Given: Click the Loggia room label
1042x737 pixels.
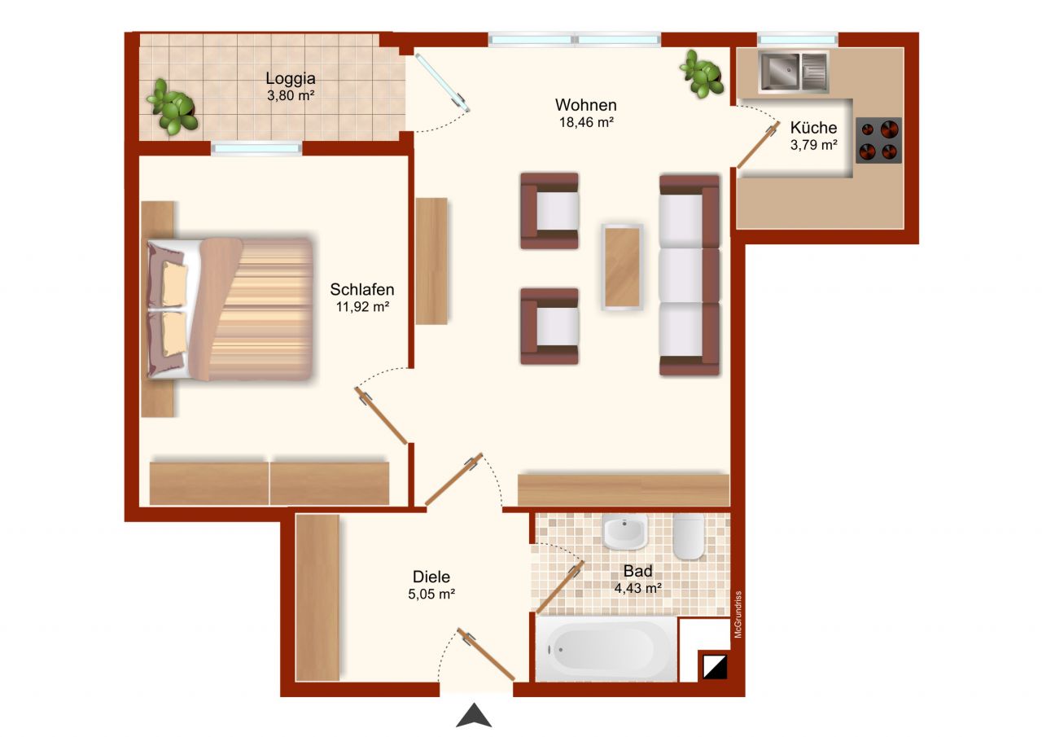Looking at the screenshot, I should [x=290, y=79].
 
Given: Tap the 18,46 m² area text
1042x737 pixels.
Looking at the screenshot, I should [x=585, y=122].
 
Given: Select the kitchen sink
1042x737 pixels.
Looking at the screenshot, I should [x=793, y=72].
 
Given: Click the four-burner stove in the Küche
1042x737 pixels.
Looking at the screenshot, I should [x=879, y=141].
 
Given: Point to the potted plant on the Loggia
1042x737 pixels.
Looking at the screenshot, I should [x=173, y=107].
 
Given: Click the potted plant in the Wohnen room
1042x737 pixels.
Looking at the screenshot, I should [x=702, y=73].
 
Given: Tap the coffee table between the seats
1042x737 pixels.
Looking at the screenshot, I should [x=623, y=266].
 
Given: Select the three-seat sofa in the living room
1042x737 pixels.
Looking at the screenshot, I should [x=690, y=274].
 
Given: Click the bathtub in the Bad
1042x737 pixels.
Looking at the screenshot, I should [x=606, y=649].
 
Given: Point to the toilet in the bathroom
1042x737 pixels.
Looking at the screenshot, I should [x=689, y=536].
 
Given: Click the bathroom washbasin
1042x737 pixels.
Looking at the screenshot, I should [x=625, y=532].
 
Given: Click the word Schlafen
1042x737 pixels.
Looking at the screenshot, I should [x=362, y=289].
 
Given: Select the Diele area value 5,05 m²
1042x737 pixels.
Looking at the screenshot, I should [x=431, y=594].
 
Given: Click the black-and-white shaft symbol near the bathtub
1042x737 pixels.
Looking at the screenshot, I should [x=713, y=666].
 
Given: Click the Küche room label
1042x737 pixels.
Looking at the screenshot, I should [x=813, y=128].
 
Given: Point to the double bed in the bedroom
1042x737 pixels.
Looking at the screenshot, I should [x=230, y=309].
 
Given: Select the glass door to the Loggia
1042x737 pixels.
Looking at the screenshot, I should [x=441, y=83].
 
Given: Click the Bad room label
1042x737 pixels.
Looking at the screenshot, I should [x=637, y=570].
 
